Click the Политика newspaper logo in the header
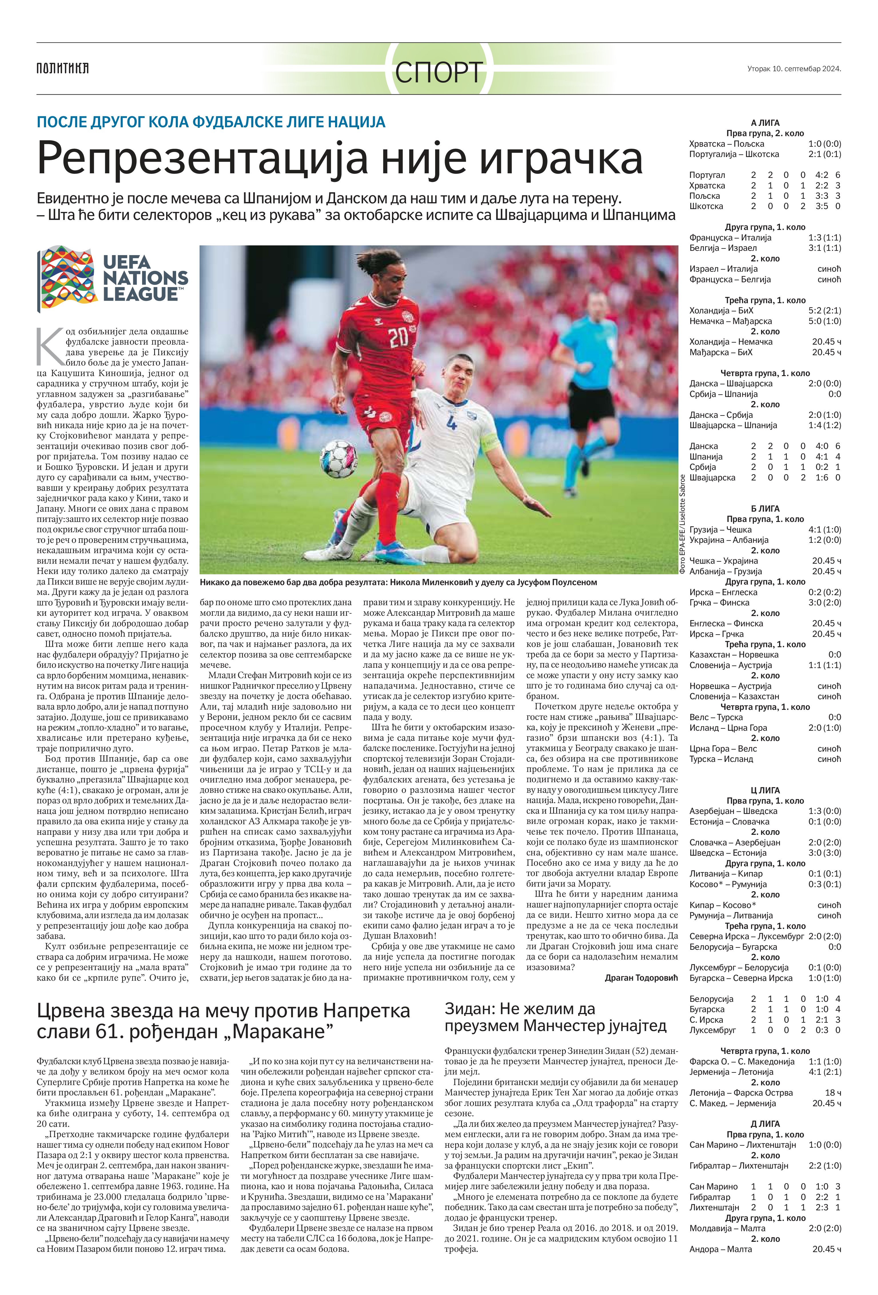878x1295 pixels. [62, 69]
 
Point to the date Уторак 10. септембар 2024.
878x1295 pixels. [794, 69]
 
